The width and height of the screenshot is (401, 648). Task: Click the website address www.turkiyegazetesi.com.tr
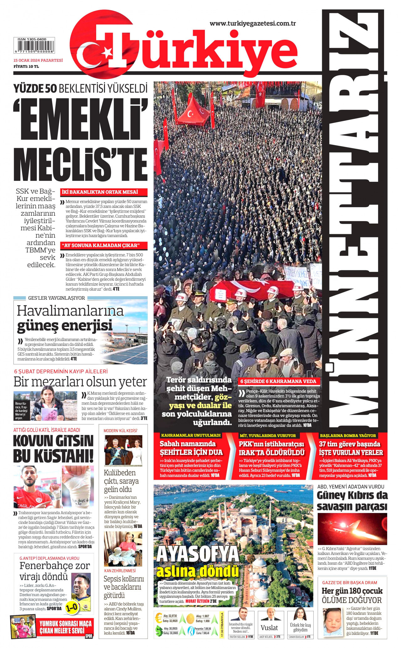[253, 23]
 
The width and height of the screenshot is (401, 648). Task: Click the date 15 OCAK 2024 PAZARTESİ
[38, 61]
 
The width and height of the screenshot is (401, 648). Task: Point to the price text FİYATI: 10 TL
[26, 66]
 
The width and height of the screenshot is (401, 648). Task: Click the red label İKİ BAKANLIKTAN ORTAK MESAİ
[100, 192]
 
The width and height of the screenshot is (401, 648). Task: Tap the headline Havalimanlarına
[70, 311]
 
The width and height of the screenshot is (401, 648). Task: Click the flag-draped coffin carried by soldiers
[250, 290]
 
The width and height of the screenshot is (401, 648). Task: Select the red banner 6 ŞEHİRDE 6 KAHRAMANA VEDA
[278, 382]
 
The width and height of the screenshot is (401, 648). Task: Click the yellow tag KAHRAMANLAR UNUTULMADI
[191, 435]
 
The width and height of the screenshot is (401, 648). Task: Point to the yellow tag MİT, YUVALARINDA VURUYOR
[268, 435]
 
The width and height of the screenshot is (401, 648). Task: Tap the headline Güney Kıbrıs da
[352, 495]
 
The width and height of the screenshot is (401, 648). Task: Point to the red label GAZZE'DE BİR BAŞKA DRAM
[350, 582]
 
